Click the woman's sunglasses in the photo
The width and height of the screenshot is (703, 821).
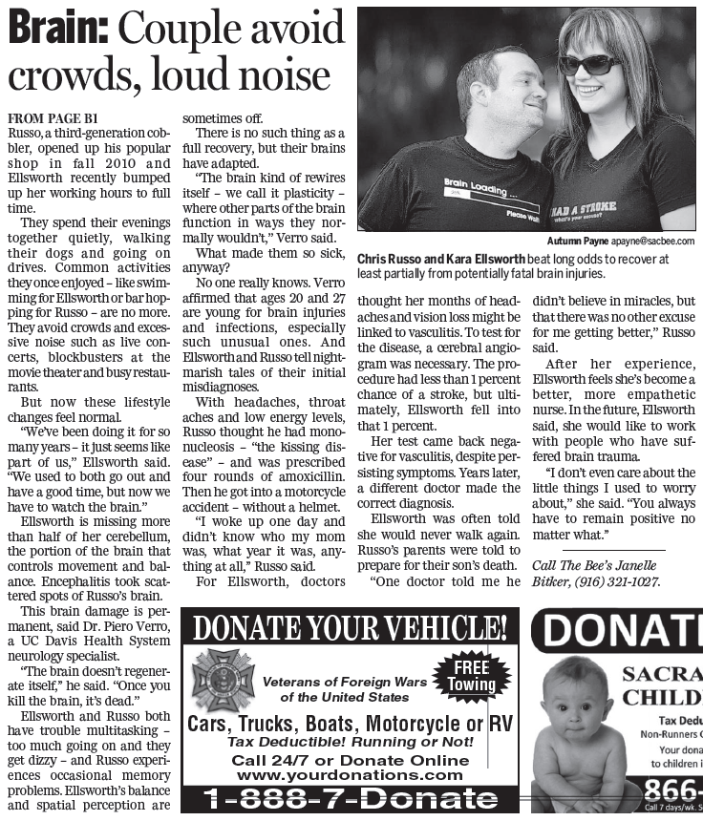589,64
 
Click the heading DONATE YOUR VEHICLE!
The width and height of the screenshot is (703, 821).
350,627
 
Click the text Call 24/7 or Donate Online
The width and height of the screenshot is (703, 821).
350,760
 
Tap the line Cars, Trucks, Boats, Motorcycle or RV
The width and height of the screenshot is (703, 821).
350,723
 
